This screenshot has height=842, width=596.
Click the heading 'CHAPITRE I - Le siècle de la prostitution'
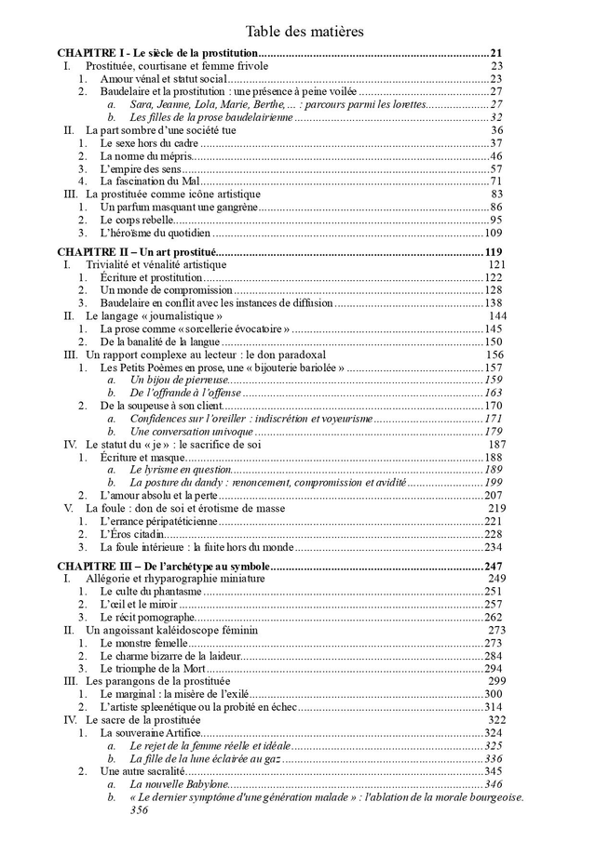[x=156, y=54]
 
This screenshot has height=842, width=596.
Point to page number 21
[x=495, y=54]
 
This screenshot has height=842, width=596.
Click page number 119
[x=493, y=252]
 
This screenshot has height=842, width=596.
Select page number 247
[x=493, y=567]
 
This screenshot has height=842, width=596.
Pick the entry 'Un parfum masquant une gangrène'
[x=179, y=207]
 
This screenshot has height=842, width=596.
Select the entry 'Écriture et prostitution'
[x=151, y=277]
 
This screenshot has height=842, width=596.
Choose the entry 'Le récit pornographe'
[x=147, y=617]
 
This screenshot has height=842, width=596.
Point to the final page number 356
[x=140, y=809]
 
